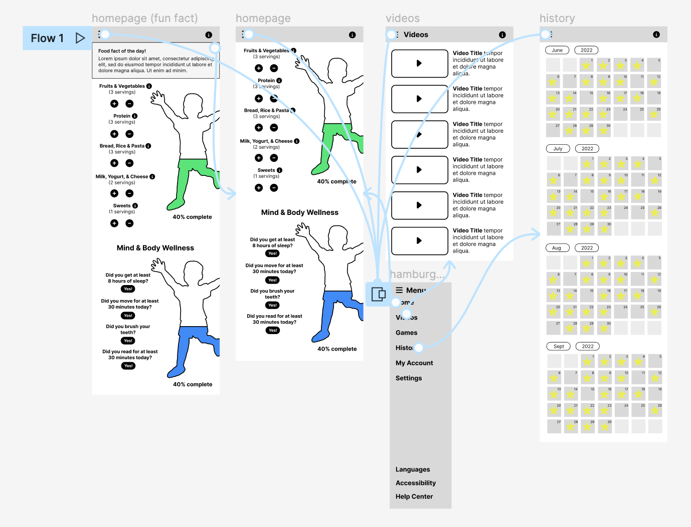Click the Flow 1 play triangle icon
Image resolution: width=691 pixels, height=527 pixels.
(80, 38)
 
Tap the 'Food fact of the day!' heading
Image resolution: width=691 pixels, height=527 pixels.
(122, 51)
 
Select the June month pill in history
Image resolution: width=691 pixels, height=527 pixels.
(557, 50)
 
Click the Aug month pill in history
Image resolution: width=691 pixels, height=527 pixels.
(557, 248)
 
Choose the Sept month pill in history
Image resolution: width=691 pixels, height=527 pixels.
(559, 346)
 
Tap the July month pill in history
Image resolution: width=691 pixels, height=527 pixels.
(558, 149)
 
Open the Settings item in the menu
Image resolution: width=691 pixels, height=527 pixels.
(409, 378)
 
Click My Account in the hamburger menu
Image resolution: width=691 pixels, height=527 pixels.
(414, 363)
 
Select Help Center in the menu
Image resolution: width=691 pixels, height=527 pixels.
(414, 496)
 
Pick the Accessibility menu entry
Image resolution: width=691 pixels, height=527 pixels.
(416, 483)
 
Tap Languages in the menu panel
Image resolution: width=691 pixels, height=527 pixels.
(413, 469)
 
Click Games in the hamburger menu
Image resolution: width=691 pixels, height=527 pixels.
(406, 333)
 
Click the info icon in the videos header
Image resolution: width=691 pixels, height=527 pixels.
(502, 35)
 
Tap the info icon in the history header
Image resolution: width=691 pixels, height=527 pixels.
(656, 35)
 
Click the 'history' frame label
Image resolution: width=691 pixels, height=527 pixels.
(557, 19)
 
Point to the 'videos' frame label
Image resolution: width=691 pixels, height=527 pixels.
(403, 19)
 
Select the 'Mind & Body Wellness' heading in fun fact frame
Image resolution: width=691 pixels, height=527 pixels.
(155, 248)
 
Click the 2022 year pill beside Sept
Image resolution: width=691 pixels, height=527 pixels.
(588, 346)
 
